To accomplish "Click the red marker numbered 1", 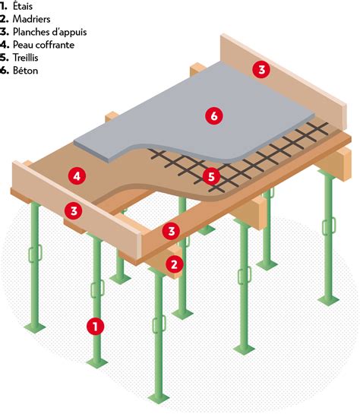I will [x=95, y=326].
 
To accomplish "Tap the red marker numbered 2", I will [x=175, y=264].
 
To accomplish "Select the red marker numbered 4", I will [x=76, y=176].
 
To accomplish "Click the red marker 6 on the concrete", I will [x=214, y=115].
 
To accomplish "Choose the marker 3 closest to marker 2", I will [x=172, y=229].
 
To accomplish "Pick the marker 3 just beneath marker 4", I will [x=74, y=210].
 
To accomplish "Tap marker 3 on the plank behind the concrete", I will [x=261, y=70].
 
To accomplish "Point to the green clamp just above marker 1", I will [x=96, y=289].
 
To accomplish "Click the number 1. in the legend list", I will [x=5, y=6].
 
